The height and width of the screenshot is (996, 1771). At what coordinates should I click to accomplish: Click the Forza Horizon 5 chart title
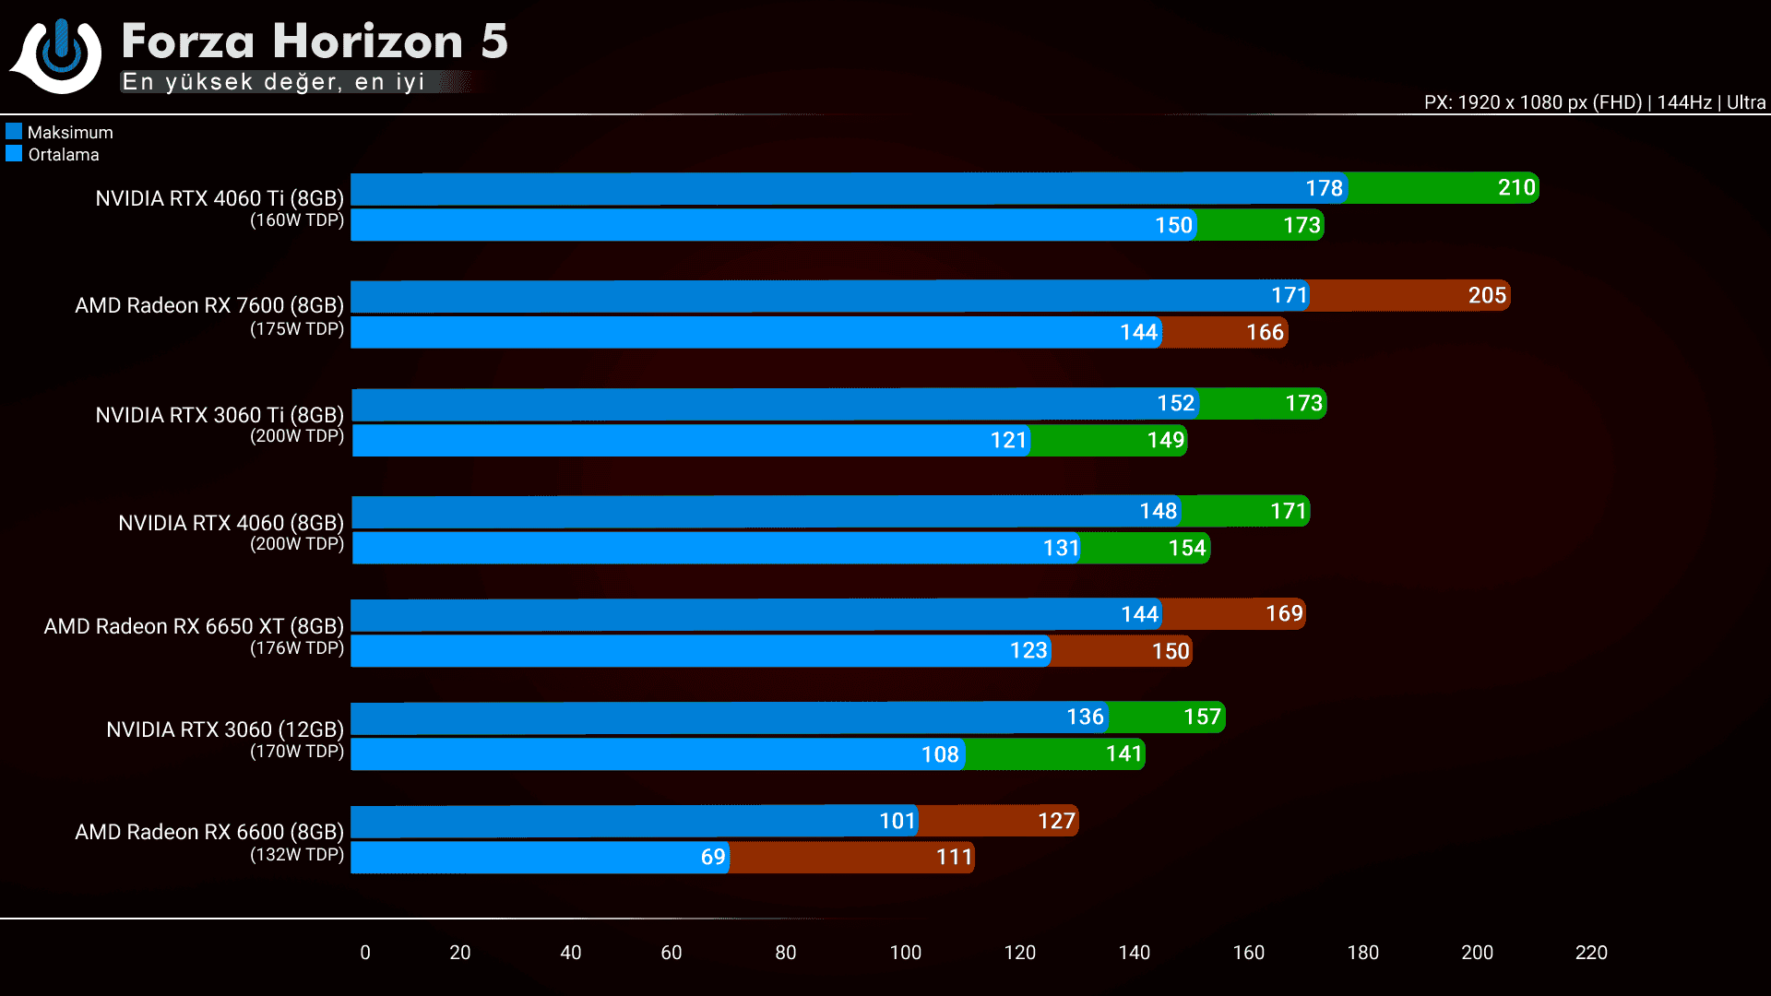coord(315,41)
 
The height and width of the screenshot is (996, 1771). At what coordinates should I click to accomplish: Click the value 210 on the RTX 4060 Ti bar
coord(1516,188)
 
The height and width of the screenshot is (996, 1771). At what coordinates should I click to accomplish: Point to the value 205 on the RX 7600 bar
coord(1487,295)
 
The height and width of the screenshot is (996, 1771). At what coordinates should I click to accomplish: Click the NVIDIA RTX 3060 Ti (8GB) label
coord(220,415)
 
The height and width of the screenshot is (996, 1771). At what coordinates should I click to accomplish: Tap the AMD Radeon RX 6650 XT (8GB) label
coord(194,626)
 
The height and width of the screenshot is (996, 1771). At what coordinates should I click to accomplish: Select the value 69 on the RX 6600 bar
coord(713,857)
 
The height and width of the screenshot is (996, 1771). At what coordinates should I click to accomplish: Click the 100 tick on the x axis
coord(905,953)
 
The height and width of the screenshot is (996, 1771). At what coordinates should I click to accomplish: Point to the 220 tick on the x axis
coord(1591,953)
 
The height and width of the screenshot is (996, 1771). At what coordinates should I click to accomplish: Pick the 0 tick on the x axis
coord(365,953)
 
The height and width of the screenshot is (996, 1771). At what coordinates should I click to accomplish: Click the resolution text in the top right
coord(1594,102)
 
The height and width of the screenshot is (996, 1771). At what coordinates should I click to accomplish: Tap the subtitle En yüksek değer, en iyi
coord(273,82)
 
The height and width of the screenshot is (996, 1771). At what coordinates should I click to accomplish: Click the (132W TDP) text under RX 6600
coord(297,855)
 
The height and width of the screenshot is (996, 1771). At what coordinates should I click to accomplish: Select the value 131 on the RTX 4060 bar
coord(1061,548)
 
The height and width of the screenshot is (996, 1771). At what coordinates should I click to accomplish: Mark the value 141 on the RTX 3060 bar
coord(1123,754)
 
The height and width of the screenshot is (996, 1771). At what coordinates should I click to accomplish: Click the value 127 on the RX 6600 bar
coord(1056,821)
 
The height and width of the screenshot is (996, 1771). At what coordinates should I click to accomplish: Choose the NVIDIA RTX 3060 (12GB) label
coord(225,729)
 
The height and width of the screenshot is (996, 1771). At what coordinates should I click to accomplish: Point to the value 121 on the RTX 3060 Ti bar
coord(1008,440)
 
